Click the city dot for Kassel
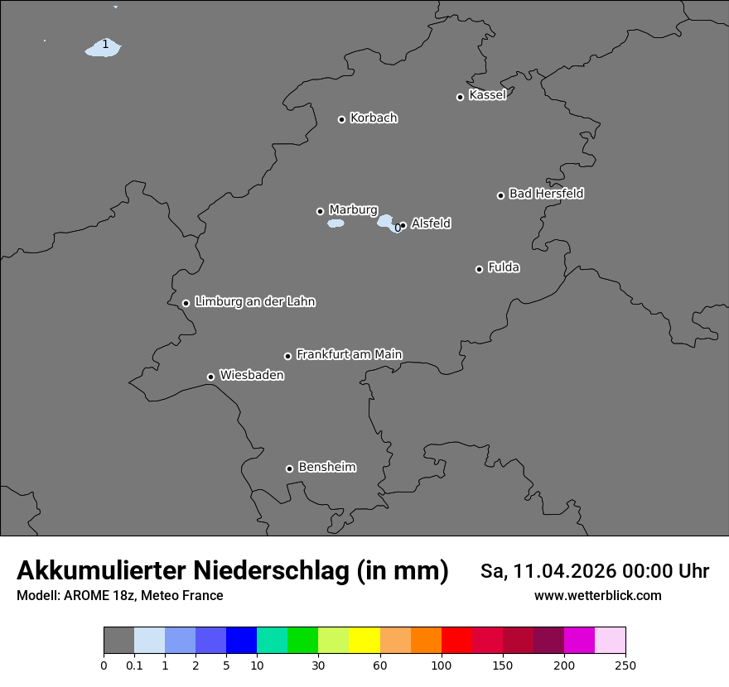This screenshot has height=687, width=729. [x=460, y=97]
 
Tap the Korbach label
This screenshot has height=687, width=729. [x=374, y=118]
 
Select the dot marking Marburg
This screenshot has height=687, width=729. [x=320, y=211]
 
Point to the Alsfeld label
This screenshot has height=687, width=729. [x=431, y=223]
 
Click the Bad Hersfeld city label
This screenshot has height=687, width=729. [x=546, y=194]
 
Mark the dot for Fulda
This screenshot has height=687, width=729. [x=479, y=269]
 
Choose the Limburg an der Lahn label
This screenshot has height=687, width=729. [x=254, y=301]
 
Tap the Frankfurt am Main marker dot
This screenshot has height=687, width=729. [x=288, y=356]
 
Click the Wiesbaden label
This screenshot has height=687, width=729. [x=251, y=375]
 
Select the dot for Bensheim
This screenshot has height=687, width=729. [x=289, y=468]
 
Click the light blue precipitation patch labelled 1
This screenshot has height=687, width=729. [x=104, y=48]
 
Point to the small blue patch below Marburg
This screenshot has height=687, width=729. [x=336, y=223]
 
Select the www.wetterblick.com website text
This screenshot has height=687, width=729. [x=597, y=595]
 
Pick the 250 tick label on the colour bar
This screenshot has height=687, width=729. [x=625, y=665]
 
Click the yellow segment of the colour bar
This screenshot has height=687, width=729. [x=364, y=641]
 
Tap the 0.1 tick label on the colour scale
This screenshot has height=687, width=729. [x=134, y=665]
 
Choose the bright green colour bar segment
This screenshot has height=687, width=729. [x=303, y=641]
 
